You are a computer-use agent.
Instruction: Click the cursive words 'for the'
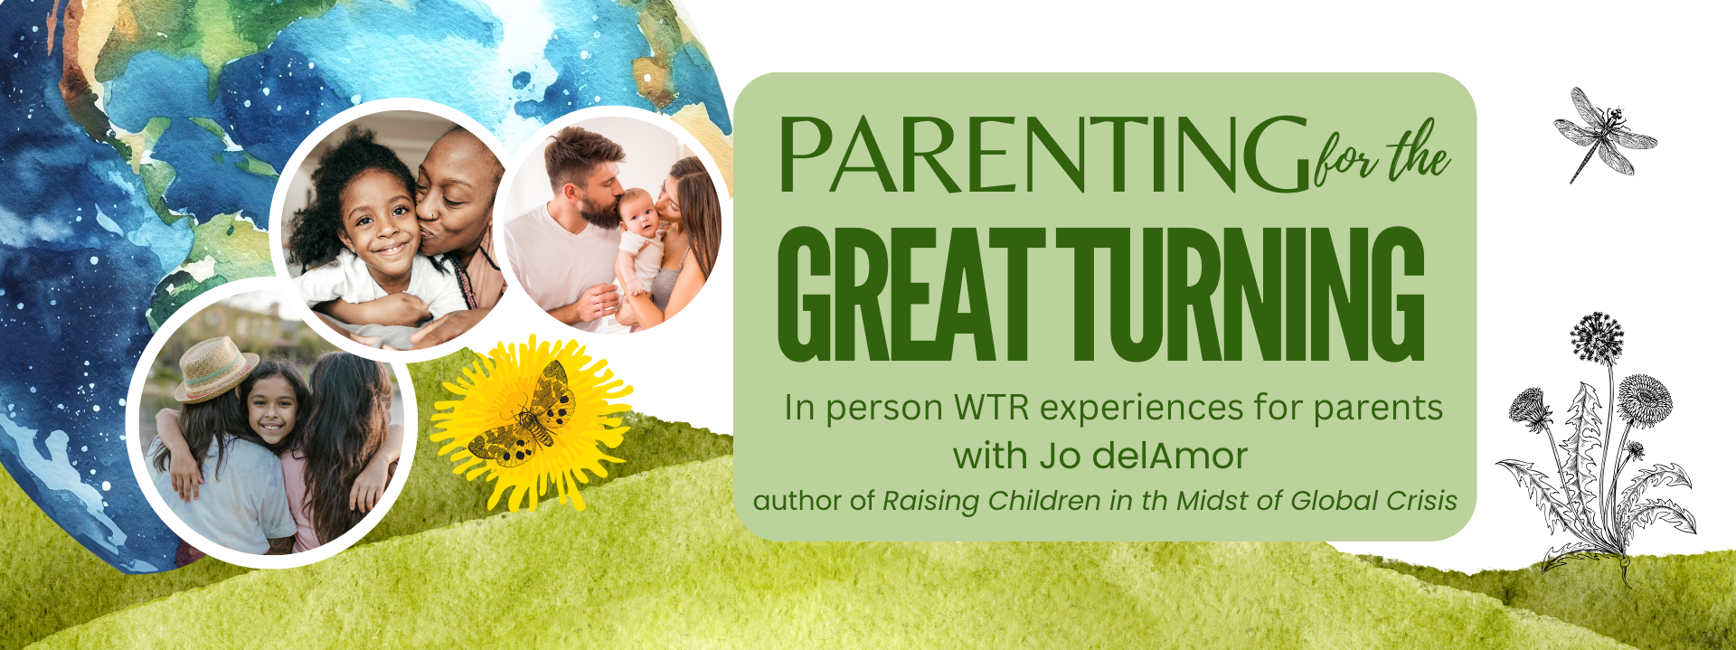point(1382,155)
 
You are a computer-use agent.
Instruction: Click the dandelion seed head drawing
point(1597,337)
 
